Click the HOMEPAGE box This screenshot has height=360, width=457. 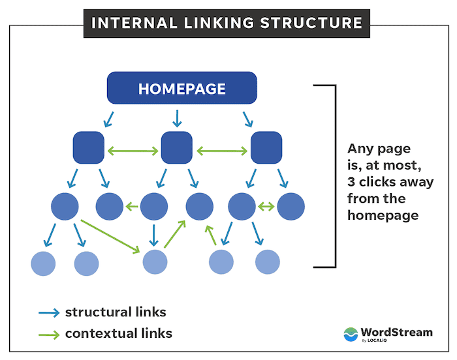click(181, 89)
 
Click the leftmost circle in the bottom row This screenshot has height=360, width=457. click(44, 263)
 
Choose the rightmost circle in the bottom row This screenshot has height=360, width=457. click(267, 262)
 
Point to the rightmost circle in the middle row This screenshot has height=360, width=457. click(291, 206)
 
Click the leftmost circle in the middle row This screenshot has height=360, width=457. click(65, 206)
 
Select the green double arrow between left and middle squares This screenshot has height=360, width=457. click(133, 151)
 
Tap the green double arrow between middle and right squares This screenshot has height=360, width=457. click(221, 151)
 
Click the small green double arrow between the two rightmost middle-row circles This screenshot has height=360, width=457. click(266, 207)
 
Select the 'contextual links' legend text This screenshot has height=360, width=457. click(118, 333)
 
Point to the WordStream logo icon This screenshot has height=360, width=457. click(351, 334)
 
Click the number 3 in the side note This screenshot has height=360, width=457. click(351, 182)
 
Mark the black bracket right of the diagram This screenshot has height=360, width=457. click(334, 176)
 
